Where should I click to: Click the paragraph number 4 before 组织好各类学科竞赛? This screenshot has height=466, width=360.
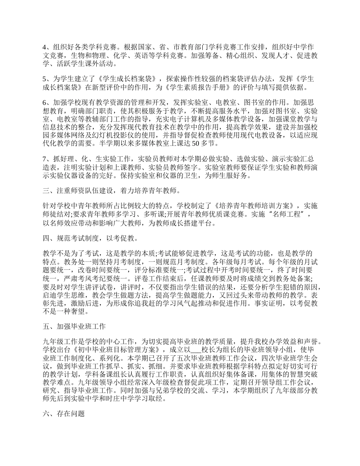pos(44,47)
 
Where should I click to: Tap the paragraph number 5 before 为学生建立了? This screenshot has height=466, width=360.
pos(44,79)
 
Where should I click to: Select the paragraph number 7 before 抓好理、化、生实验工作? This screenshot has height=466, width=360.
pos(44,159)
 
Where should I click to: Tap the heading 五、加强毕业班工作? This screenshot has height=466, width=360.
pos(74,326)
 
